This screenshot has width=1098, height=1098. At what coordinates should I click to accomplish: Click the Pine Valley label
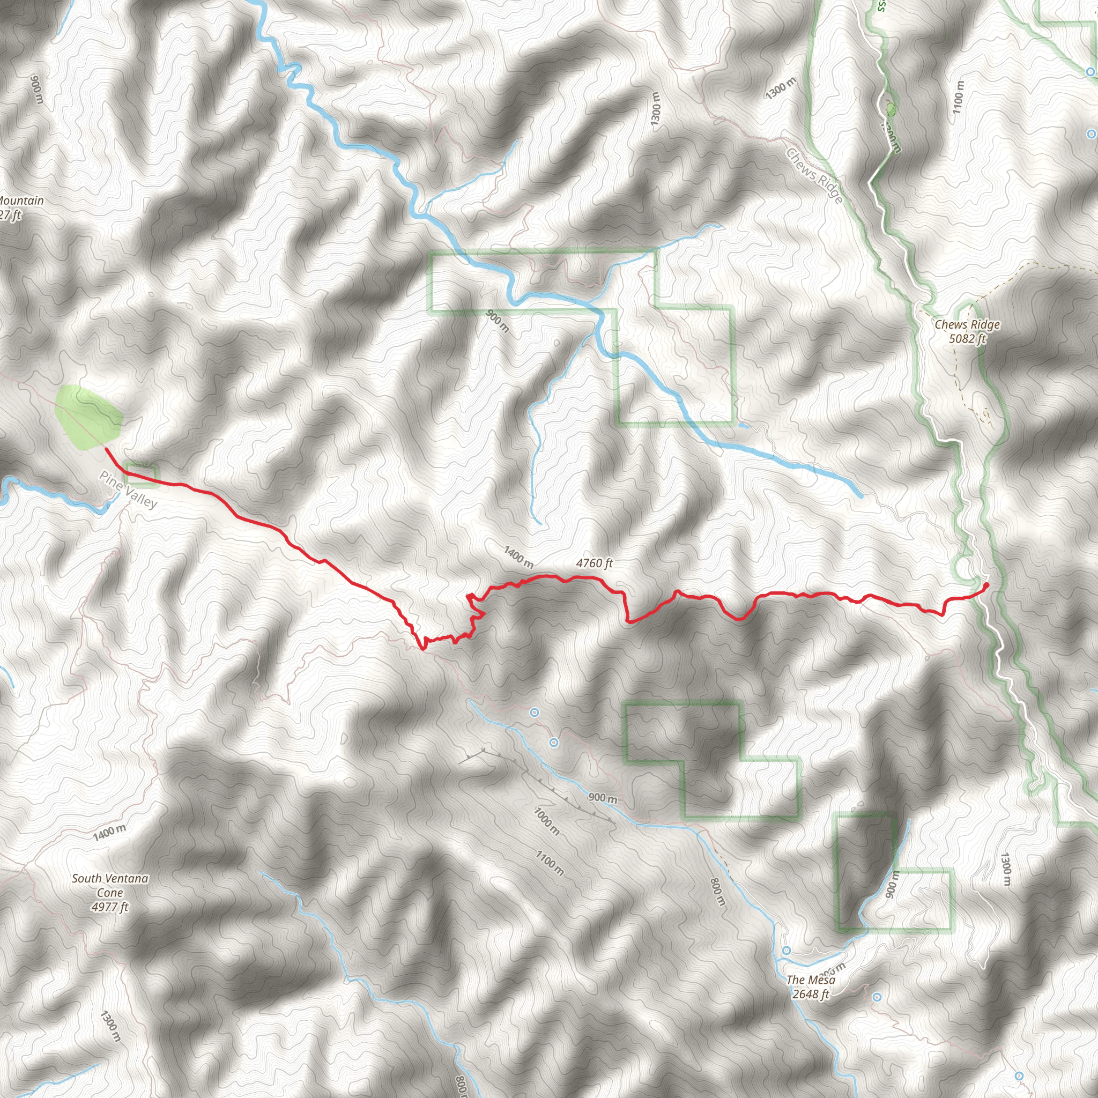click(129, 490)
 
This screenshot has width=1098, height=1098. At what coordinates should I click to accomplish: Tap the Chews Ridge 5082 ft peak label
click(967, 331)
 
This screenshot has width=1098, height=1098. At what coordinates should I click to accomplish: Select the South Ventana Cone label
click(110, 892)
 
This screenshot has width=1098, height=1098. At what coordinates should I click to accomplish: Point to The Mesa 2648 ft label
click(811, 986)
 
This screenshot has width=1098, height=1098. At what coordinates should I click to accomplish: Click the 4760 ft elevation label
click(595, 563)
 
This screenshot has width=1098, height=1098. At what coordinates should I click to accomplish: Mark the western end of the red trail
click(107, 449)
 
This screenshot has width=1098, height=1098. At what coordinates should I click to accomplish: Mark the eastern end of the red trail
click(986, 585)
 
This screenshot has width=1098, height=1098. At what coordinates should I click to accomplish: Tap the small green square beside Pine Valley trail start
click(141, 475)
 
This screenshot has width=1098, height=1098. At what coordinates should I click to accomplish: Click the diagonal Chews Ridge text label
click(815, 176)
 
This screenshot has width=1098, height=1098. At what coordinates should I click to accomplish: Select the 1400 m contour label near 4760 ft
click(518, 557)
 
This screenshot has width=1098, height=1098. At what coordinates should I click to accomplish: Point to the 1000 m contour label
click(547, 821)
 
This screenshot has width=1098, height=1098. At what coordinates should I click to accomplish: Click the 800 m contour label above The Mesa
click(718, 891)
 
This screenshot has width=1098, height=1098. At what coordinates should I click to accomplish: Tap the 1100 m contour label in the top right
click(958, 97)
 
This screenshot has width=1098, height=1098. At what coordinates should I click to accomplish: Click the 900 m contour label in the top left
click(36, 89)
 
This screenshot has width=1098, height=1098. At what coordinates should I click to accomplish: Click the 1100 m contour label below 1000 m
click(550, 863)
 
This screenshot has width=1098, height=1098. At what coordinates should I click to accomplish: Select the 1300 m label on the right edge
click(1005, 869)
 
